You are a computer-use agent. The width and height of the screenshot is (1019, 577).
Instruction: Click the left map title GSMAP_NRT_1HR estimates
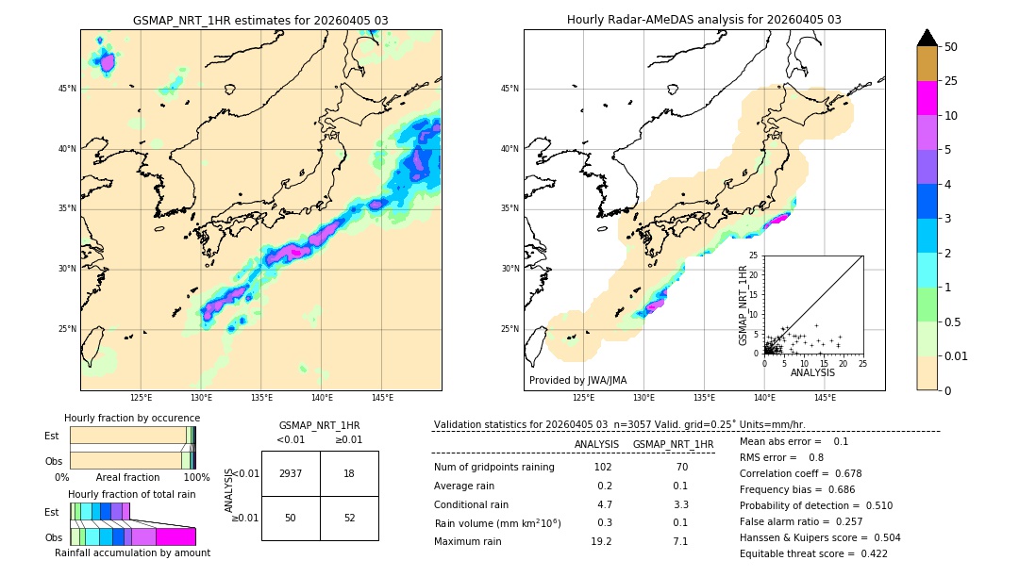260,20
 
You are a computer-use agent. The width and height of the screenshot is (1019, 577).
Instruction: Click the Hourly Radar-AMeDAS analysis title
704,20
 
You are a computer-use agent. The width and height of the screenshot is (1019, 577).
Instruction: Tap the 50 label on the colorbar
951,47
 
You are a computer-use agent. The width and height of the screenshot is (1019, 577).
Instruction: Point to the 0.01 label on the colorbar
957,356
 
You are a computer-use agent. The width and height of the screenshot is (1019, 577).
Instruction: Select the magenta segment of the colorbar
927,98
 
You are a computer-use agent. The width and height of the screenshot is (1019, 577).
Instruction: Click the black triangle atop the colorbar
927,38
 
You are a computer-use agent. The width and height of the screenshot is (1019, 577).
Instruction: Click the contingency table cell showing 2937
291,473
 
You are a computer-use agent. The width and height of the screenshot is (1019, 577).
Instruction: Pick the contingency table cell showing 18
349,473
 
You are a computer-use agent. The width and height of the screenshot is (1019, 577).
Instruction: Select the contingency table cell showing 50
291,518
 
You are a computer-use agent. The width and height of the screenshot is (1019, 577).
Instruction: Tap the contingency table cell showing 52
349,518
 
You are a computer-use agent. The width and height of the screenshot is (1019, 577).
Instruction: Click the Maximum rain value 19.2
601,541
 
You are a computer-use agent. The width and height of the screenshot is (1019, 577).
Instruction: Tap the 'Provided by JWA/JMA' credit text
577,381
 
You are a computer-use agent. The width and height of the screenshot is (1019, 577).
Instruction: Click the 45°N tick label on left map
67,89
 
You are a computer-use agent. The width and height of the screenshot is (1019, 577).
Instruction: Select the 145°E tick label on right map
825,399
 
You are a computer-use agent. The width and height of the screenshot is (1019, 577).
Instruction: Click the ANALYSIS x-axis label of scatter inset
812,372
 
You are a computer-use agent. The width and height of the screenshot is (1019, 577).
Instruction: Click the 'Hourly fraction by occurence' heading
132,418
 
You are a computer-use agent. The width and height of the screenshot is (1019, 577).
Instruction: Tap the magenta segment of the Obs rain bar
175,536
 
